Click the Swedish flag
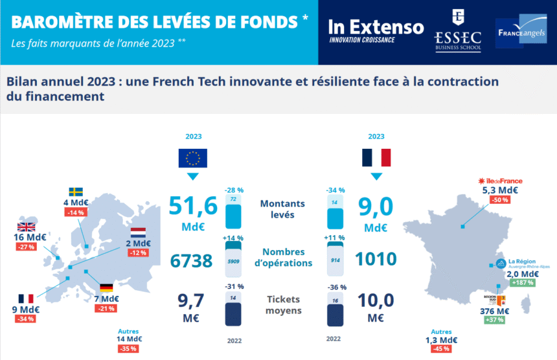76,192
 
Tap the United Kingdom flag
26,227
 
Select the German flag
106,287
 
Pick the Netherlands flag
138,232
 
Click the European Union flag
193,158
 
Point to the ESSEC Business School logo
457,32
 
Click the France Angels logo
521,32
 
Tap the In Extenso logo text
376,27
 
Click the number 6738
192,261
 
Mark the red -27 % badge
26,247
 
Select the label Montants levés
282,208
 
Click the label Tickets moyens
283,305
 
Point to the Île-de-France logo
499,181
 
